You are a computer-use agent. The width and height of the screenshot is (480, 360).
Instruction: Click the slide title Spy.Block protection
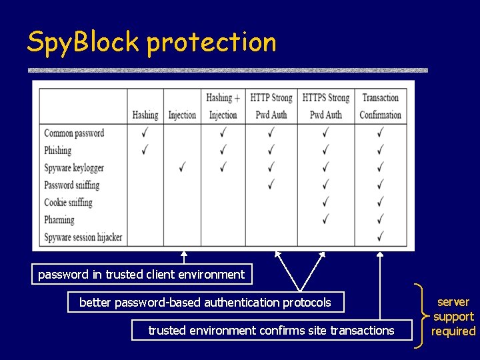pyautogui.click(x=151, y=42)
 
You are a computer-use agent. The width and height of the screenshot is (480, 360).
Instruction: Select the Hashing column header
pyautogui.click(x=145, y=115)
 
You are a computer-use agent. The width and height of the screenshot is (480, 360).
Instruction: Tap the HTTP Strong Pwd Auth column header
pyautogui.click(x=271, y=106)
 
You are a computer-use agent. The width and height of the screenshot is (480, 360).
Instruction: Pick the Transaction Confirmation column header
pyautogui.click(x=380, y=106)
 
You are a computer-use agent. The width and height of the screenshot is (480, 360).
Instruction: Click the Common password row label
pyautogui.click(x=74, y=133)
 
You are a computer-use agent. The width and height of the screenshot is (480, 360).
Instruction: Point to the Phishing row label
pyautogui.click(x=58, y=151)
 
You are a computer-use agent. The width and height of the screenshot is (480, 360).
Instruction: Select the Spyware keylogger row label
pyautogui.click(x=74, y=168)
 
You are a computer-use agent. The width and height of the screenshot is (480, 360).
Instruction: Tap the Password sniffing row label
pyautogui.click(x=71, y=185)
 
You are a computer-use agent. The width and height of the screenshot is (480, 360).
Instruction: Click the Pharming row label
pyautogui.click(x=59, y=220)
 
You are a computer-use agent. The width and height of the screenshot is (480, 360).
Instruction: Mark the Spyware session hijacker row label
pyautogui.click(x=83, y=237)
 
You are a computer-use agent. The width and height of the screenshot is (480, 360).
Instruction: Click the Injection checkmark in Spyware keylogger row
pyautogui.click(x=182, y=167)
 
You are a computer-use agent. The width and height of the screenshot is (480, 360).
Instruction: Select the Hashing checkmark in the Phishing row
pyautogui.click(x=145, y=149)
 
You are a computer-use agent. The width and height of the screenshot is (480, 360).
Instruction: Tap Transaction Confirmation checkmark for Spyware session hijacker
pyautogui.click(x=380, y=236)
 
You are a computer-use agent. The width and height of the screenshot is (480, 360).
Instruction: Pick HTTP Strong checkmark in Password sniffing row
pyautogui.click(x=271, y=184)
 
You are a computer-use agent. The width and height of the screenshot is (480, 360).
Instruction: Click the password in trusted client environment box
pyautogui.click(x=141, y=274)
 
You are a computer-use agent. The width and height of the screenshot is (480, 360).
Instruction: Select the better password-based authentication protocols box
pyautogui.click(x=205, y=303)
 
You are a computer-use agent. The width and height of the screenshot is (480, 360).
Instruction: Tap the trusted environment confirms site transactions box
pyautogui.click(x=271, y=330)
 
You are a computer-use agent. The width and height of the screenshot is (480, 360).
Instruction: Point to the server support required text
pyautogui.click(x=453, y=317)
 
